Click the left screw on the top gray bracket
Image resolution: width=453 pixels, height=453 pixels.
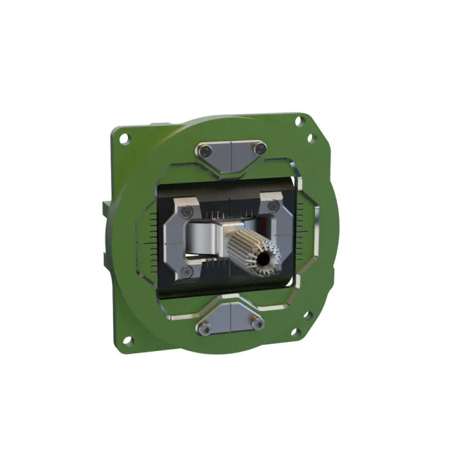(x=205, y=151)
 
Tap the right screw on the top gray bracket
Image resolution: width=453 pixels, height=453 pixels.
(x=260, y=149)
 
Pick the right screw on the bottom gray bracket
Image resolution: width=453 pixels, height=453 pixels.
(x=259, y=324)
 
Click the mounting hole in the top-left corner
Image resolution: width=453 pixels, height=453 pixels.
(x=125, y=139)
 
